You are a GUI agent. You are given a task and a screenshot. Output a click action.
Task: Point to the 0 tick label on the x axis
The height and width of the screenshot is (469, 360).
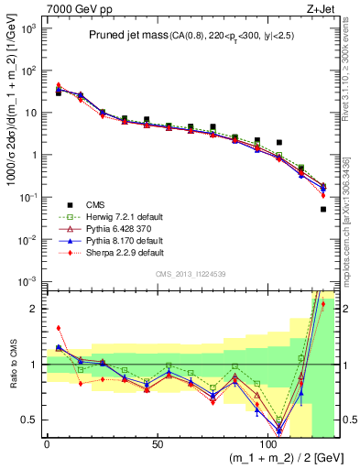[x=48, y=443]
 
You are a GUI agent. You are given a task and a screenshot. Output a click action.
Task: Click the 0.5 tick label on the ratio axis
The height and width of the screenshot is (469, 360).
[x=28, y=420]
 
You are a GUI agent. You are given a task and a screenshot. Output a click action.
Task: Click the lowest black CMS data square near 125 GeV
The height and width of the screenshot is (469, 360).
[x=323, y=210]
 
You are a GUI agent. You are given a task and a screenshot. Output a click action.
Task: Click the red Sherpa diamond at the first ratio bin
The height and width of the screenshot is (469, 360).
[x=58, y=328]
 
